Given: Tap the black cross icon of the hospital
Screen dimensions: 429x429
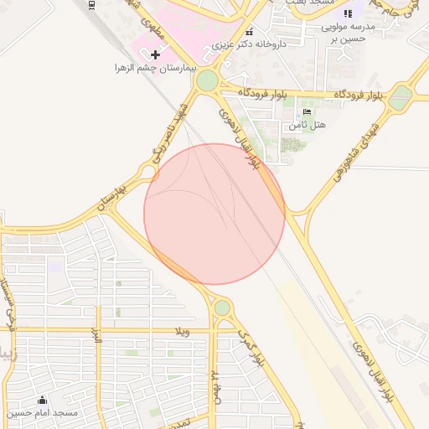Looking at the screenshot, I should coord(155,54).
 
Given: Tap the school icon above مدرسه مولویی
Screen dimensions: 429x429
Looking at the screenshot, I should coord(348,13).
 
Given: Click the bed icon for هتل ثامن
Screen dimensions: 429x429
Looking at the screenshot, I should coord(307,112).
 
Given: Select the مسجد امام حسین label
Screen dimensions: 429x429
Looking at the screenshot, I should coord(42,412).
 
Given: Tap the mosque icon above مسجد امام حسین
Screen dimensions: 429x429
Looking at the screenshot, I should coord(42,400).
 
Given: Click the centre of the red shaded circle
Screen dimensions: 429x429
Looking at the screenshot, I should coord(214,214).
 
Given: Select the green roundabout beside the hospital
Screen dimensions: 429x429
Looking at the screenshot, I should coord(207,81).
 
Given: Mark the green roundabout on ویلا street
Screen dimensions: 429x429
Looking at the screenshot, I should coord(222,308).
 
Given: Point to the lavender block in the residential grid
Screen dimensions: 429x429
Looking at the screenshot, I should coord(55,265).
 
